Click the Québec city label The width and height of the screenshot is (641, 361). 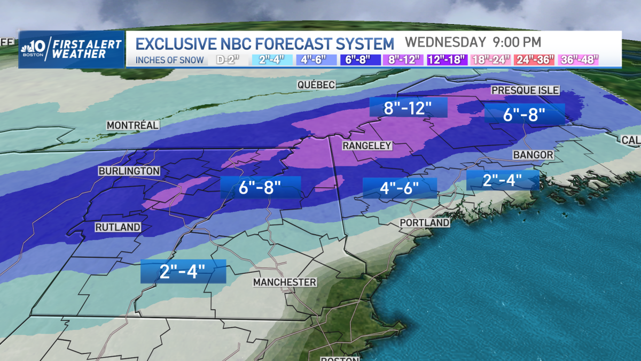(x=316, y=85)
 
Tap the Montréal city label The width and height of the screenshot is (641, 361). (x=132, y=125)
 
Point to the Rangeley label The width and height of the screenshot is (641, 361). (x=367, y=145)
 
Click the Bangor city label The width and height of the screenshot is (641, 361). (x=533, y=155)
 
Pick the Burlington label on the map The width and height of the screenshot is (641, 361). (x=129, y=171)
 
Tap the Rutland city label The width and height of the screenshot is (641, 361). (x=118, y=227)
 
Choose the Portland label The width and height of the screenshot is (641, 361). (x=425, y=222)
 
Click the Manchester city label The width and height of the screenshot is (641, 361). (x=285, y=282)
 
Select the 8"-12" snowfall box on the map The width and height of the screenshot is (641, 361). (x=408, y=109)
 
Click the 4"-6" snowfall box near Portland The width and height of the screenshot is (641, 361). (x=400, y=188)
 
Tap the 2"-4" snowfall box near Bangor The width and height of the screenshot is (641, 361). (x=502, y=180)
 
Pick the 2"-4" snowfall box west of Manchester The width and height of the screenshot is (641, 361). (x=183, y=272)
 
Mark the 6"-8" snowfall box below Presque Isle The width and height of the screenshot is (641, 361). (x=525, y=113)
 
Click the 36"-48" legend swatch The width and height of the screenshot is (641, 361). (x=579, y=59)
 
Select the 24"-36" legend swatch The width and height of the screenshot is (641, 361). (x=535, y=59)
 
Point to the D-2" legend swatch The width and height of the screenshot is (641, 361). (x=226, y=59)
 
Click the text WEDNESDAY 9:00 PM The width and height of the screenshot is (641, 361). (x=473, y=42)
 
